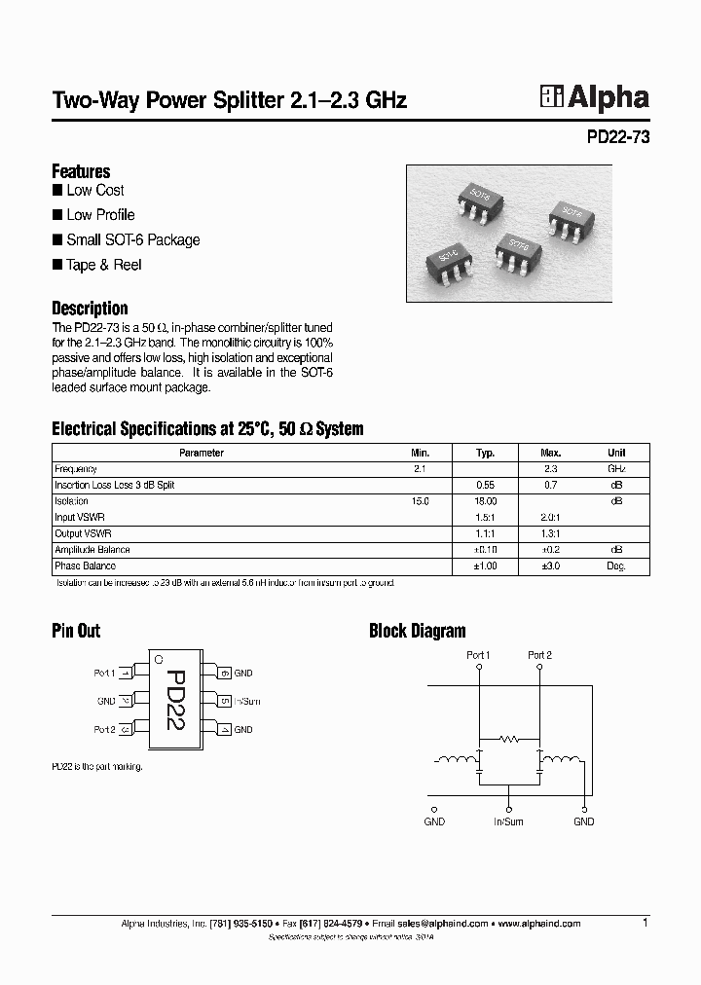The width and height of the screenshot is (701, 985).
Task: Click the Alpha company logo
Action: (594, 97)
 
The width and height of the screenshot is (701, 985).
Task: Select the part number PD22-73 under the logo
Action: (617, 137)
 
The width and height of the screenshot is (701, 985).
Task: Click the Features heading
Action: (81, 171)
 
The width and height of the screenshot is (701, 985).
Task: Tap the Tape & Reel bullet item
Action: (103, 265)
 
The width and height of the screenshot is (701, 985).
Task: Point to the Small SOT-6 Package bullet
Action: (132, 239)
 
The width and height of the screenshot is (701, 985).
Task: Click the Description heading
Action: (90, 309)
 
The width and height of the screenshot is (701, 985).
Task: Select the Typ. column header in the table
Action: (485, 453)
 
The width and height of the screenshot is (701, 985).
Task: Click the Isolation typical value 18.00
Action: (485, 500)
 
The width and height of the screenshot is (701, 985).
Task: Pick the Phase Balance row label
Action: (85, 565)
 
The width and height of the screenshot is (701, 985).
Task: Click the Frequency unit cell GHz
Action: (616, 468)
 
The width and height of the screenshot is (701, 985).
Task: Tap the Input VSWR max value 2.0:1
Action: (550, 517)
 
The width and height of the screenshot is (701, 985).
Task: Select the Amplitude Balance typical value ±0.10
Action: (485, 549)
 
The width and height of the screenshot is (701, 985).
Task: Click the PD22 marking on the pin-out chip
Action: (174, 701)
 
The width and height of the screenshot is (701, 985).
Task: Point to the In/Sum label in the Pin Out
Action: (247, 701)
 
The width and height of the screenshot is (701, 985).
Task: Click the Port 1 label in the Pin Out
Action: (104, 673)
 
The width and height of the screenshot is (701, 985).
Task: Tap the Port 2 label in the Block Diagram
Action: (539, 655)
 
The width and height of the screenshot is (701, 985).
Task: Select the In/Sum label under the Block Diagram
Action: (508, 821)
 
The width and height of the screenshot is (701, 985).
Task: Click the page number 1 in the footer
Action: (646, 922)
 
